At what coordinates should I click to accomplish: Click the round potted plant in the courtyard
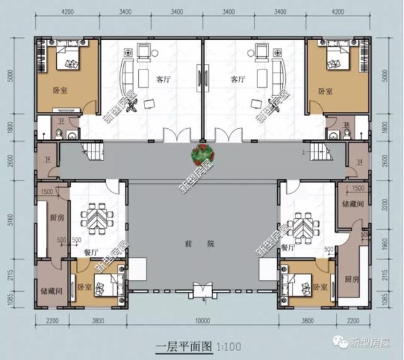pyautogui.click(x=202, y=153)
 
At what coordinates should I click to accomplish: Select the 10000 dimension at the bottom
pyautogui.click(x=202, y=321)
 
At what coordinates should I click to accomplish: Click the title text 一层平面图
pyautogui.click(x=184, y=347)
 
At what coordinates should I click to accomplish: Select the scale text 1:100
pyautogui.click(x=229, y=347)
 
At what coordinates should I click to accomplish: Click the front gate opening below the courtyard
pyautogui.click(x=202, y=291)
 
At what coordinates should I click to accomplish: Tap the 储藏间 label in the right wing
pyautogui.click(x=351, y=204)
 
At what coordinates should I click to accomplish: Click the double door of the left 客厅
pyautogui.click(x=176, y=135)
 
